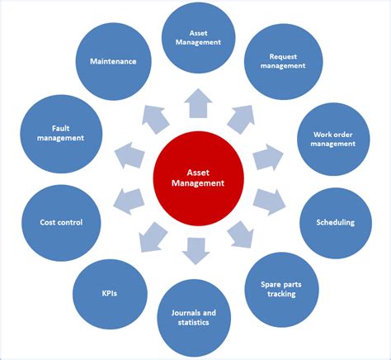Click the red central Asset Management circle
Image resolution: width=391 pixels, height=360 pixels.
pyautogui.click(x=195, y=179)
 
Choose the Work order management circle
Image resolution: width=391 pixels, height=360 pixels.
pyautogui.click(x=334, y=139)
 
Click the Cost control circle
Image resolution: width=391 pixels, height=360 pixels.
pyautogui.click(x=60, y=221)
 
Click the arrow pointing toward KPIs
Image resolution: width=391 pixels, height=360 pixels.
pyautogui.click(x=152, y=237)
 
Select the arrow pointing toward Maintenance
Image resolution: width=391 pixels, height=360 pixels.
pyautogui.click(x=153, y=119)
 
